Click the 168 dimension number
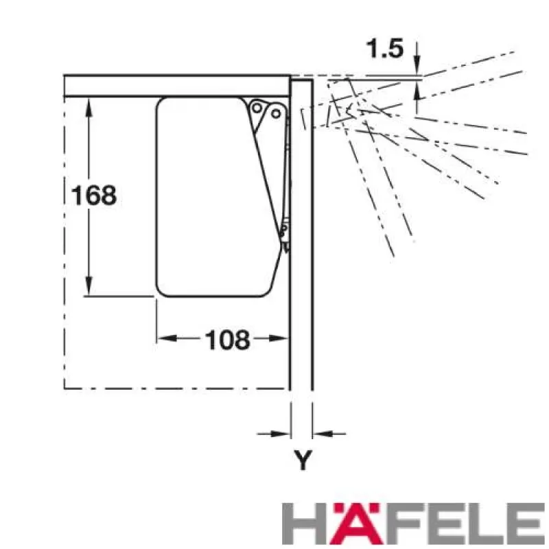click(x=94, y=195)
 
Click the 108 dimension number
click(x=227, y=340)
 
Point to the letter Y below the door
click(x=303, y=460)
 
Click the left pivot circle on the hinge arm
click(x=257, y=108)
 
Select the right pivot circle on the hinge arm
click(x=276, y=113)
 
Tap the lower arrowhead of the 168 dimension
click(x=89, y=285)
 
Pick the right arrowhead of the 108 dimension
click(x=278, y=338)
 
